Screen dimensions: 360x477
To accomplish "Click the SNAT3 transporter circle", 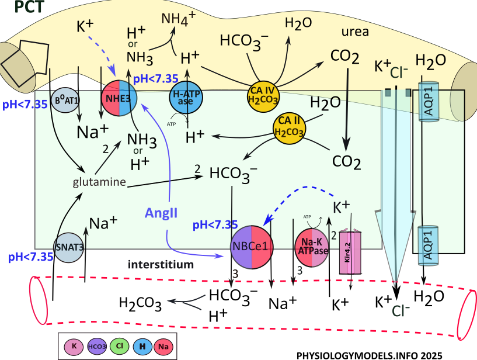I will click(69, 246).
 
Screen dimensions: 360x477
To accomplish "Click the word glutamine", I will click(100, 182).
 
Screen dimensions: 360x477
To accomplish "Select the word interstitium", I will click(161, 265).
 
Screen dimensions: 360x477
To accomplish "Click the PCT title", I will click(22, 9).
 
